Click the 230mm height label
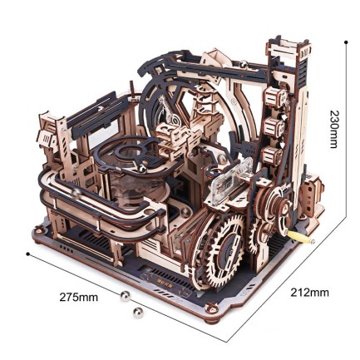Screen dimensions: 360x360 333,130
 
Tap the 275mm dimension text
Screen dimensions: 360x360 79,297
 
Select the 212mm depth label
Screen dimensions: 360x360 309,293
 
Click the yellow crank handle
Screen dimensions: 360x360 308,241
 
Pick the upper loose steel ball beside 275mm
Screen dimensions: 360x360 126,295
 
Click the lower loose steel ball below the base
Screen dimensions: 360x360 138,312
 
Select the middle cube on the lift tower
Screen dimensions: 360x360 272,126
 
